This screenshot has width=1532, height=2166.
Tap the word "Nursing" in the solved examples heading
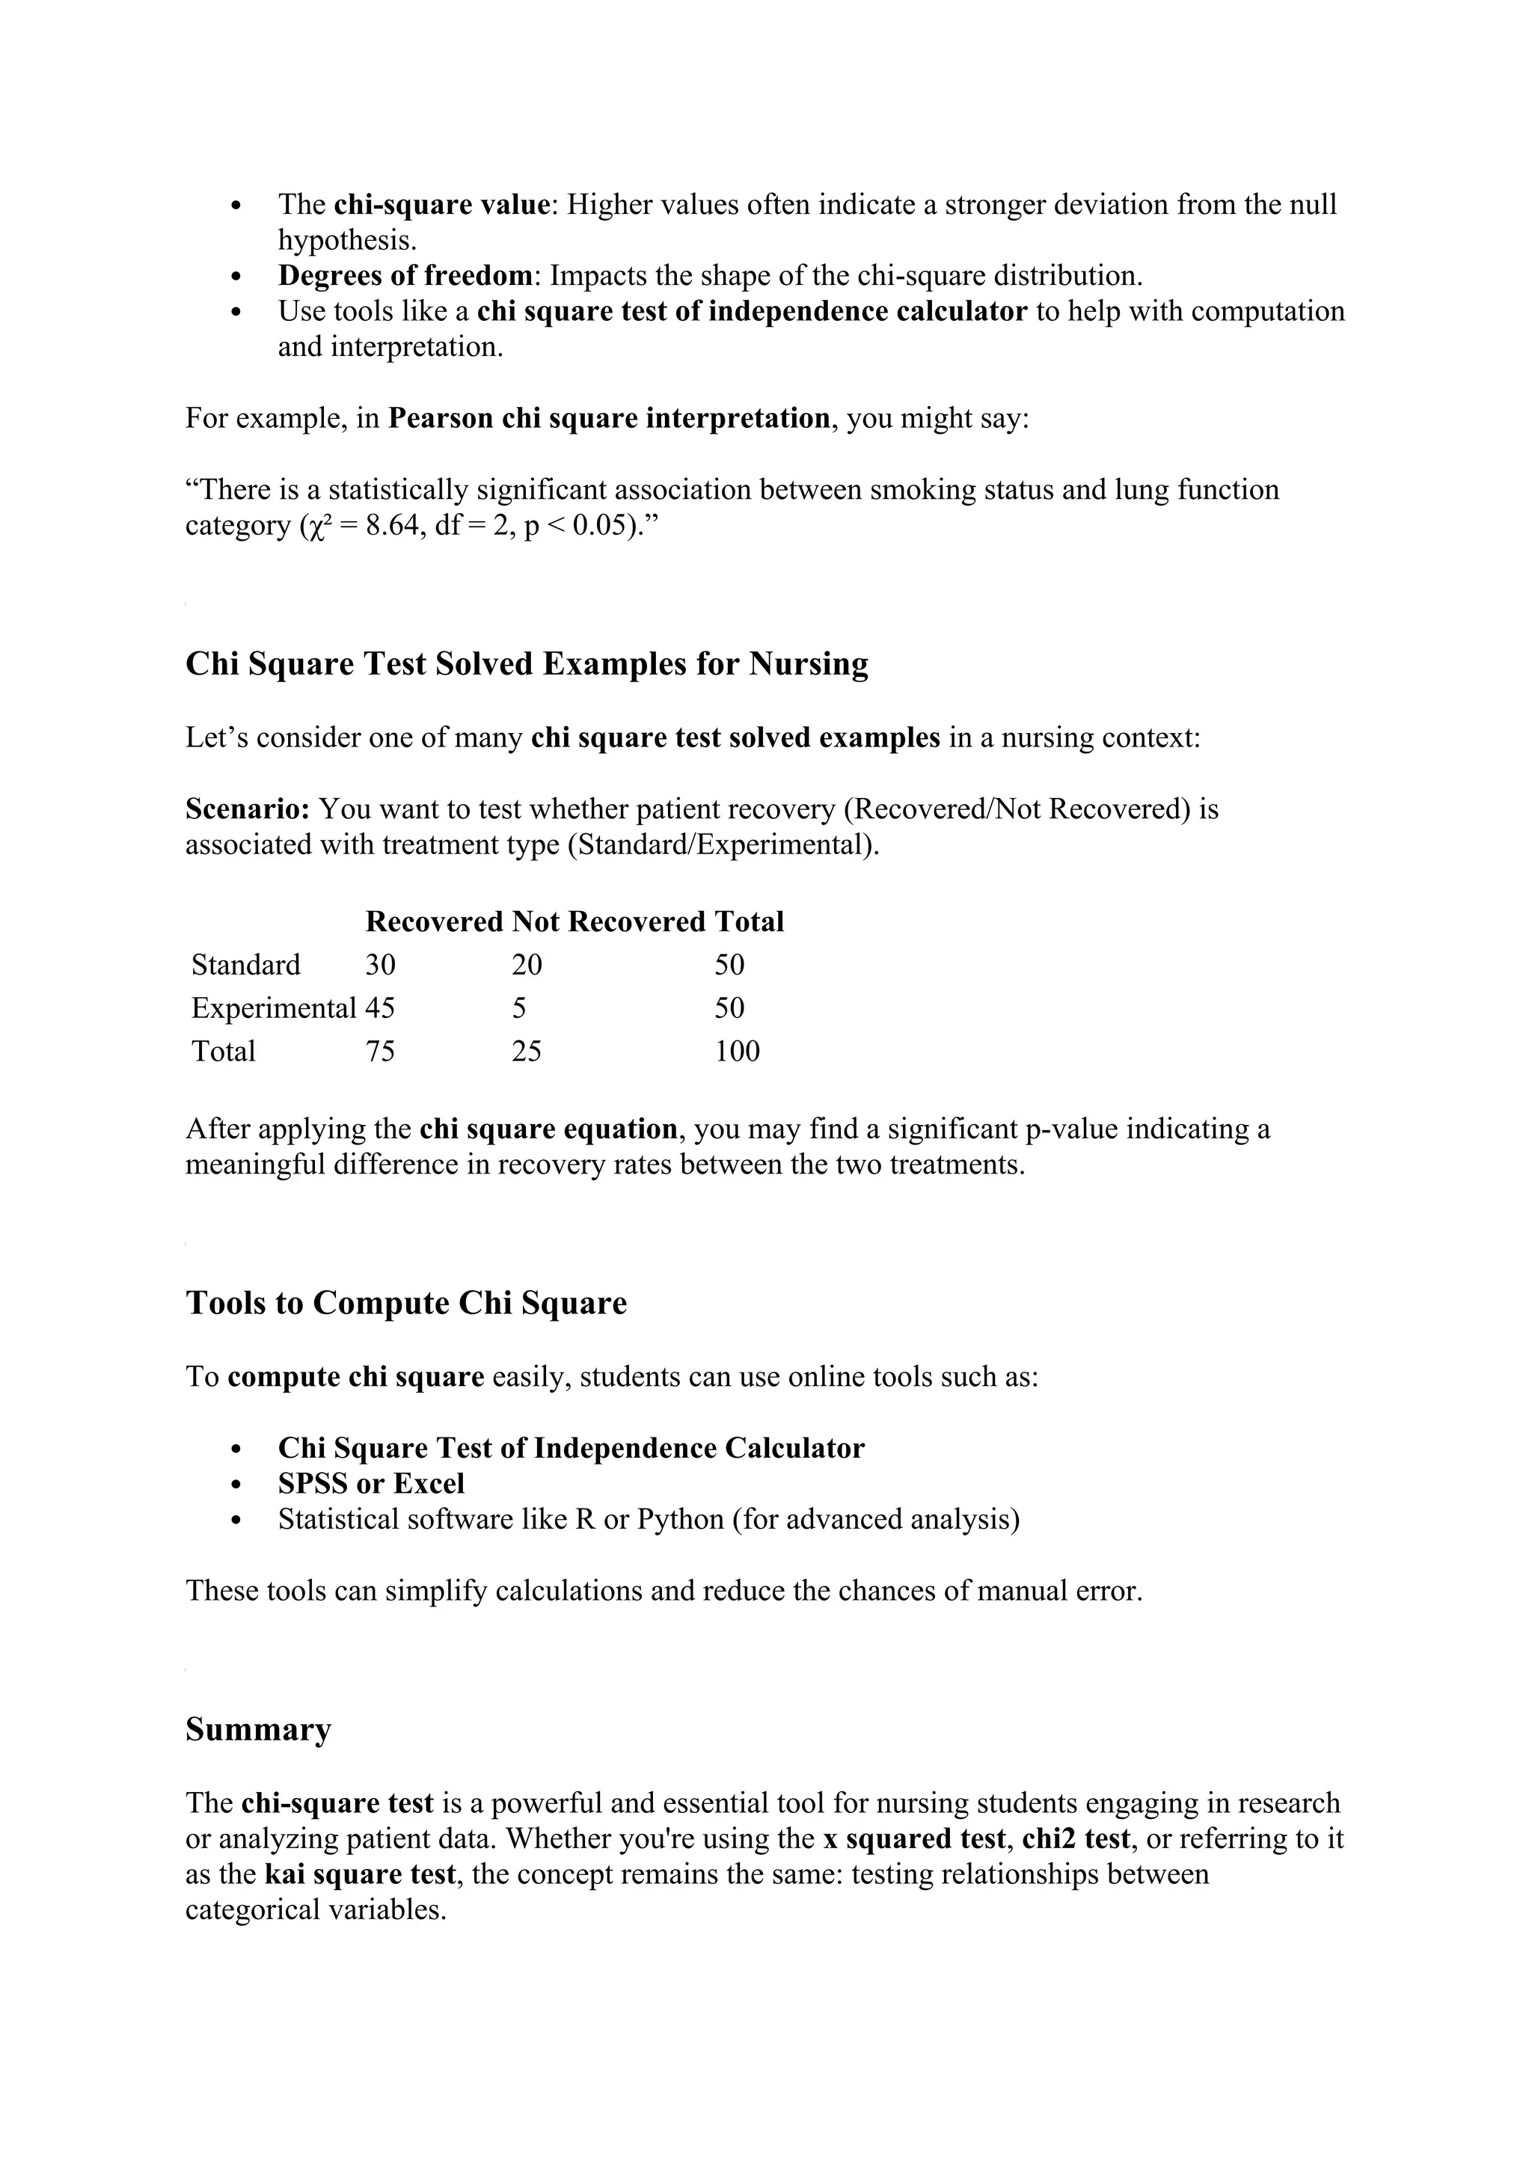click(x=809, y=664)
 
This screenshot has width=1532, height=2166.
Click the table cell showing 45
click(x=380, y=1008)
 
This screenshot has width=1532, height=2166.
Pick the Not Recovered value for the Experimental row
click(x=519, y=1008)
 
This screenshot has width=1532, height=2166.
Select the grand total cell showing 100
click(x=737, y=1052)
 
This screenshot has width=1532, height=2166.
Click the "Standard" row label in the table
click(x=245, y=965)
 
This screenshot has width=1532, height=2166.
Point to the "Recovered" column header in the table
click(x=434, y=921)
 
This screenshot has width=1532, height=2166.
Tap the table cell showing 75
click(x=380, y=1052)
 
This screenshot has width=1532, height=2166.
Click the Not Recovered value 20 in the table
click(x=527, y=965)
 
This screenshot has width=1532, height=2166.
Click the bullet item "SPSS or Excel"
click(x=371, y=1484)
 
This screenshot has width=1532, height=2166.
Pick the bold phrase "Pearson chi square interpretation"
click(x=608, y=418)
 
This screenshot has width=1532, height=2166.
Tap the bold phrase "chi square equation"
click(x=548, y=1129)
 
